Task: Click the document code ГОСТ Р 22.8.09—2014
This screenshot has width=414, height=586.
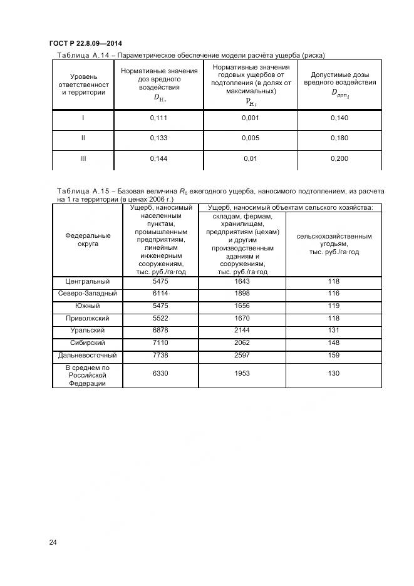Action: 85,43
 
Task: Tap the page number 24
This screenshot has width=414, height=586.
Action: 53,542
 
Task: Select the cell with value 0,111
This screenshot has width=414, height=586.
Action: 159,118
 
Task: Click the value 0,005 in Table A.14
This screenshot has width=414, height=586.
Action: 251,138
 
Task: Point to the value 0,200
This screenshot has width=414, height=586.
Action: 339,159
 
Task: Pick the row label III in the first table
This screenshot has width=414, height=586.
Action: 83,159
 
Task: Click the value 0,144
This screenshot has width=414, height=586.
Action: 159,159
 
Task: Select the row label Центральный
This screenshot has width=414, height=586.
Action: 88,282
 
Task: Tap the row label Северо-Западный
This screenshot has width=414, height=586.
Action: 88,294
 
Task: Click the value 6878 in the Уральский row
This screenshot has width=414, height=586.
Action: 161,331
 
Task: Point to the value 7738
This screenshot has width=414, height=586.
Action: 161,355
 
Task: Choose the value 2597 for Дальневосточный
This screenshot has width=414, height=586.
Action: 242,355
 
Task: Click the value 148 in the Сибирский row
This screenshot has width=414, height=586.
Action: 333,343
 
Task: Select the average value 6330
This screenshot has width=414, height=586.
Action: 161,373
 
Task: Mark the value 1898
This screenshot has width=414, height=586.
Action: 242,294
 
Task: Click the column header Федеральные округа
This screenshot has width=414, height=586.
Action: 88,240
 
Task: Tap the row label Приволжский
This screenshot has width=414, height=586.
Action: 88,319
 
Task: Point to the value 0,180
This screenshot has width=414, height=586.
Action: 339,138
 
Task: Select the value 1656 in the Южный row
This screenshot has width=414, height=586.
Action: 242,306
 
